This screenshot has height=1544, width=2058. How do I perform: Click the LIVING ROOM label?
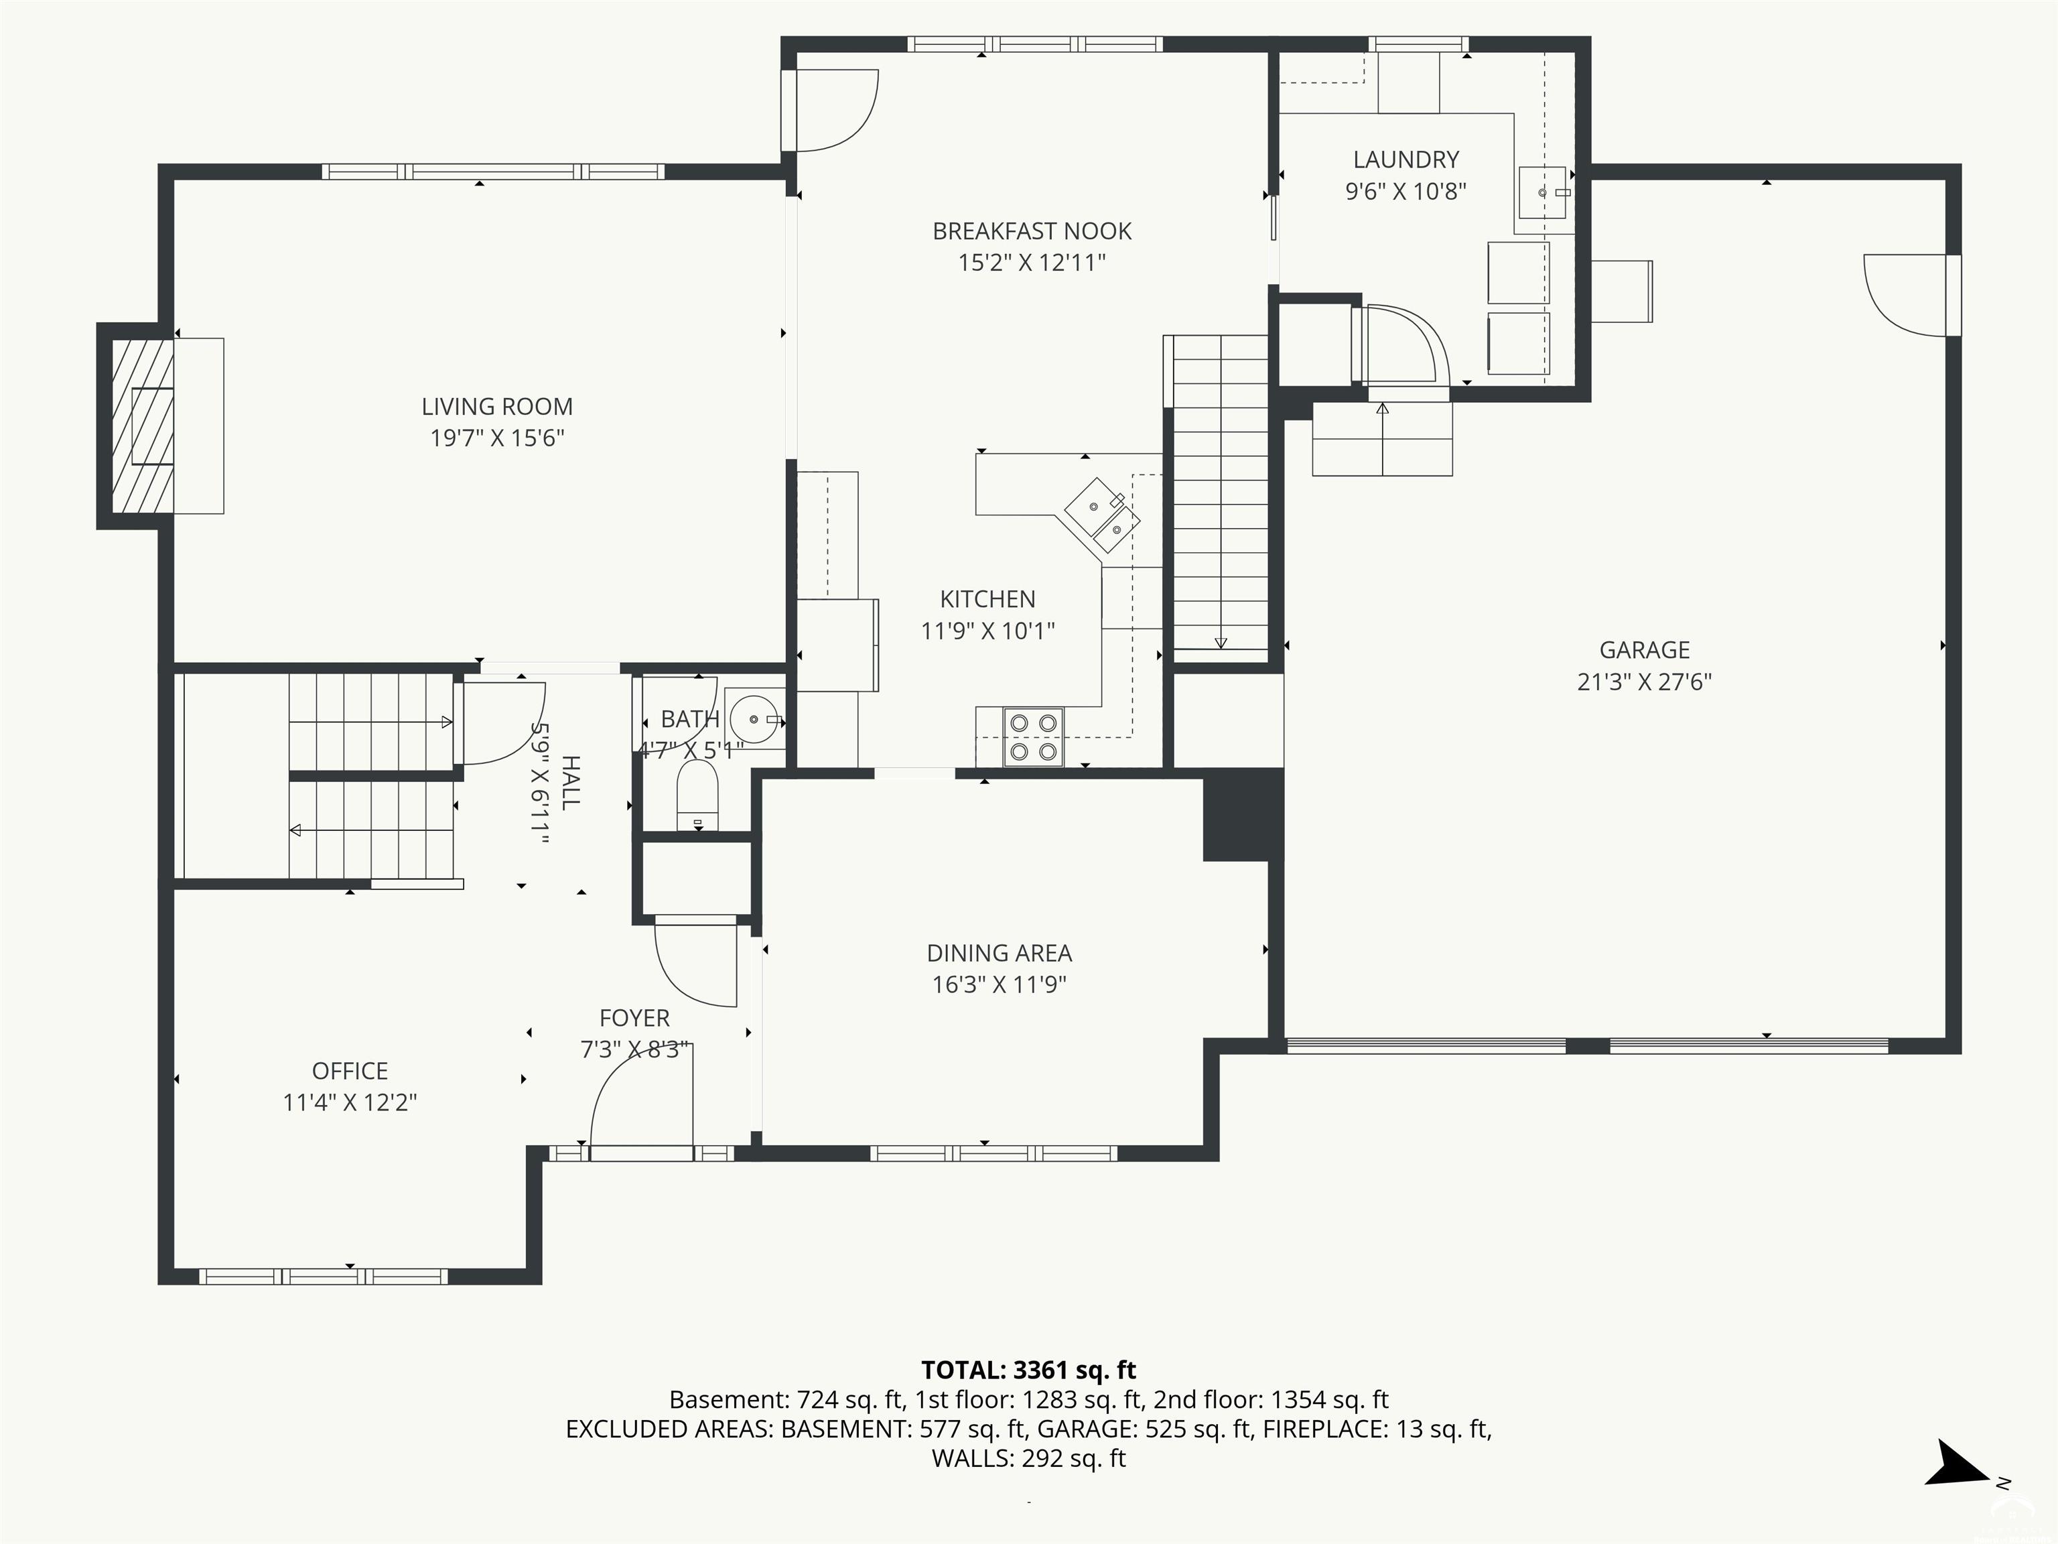click(x=497, y=407)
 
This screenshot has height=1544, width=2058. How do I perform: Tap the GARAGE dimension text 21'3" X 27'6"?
click(x=1644, y=682)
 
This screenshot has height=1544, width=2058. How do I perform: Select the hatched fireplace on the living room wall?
click(x=142, y=426)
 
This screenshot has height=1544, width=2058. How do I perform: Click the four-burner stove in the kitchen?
click(x=1033, y=737)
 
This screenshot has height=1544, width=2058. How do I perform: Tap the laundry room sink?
click(x=1543, y=192)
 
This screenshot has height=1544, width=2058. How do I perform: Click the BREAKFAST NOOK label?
click(x=1032, y=231)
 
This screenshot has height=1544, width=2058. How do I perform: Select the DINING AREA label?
click(x=1000, y=953)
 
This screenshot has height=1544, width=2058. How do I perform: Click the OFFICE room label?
click(x=350, y=1070)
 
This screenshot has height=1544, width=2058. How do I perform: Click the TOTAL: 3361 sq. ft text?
click(x=1029, y=1370)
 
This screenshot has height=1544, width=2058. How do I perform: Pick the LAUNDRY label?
click(x=1405, y=159)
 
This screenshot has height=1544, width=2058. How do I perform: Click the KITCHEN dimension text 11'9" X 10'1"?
click(x=987, y=630)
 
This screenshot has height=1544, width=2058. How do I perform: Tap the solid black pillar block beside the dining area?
click(x=1243, y=816)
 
